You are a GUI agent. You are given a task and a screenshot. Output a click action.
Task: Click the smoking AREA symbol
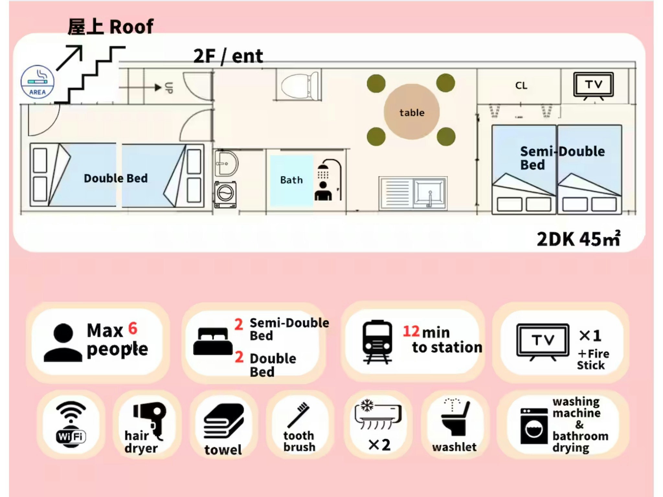37,82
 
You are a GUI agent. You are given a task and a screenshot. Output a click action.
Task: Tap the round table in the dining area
411,112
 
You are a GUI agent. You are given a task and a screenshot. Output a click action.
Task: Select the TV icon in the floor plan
593,85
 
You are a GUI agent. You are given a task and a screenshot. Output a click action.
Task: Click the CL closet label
521,86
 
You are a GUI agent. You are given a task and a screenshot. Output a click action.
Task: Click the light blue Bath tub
291,180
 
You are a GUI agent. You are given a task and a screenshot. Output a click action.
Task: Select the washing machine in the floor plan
225,194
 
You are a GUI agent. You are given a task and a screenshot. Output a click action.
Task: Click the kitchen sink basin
429,193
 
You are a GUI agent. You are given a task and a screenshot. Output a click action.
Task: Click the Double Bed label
116,178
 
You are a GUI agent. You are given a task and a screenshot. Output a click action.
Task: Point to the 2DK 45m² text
578,239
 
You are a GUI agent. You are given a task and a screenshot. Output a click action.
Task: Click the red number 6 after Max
133,328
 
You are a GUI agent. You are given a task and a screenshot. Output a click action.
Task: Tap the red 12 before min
411,331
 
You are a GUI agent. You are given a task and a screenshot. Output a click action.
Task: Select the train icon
377,342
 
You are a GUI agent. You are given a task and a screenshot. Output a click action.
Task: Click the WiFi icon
71,425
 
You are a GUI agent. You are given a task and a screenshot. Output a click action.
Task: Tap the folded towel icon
224,421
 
